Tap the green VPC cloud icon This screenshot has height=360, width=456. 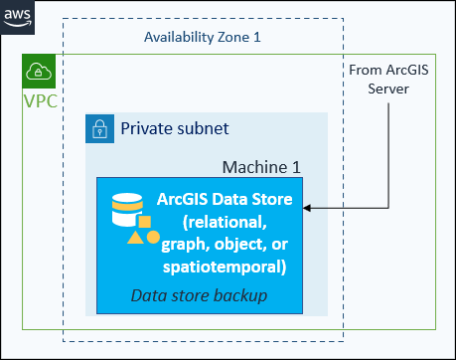tap(39, 71)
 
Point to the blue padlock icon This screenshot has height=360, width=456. tap(99, 128)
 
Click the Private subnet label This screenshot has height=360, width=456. tap(175, 128)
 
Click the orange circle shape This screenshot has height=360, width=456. tap(152, 237)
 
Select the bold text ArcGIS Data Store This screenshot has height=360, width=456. tap(225, 199)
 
